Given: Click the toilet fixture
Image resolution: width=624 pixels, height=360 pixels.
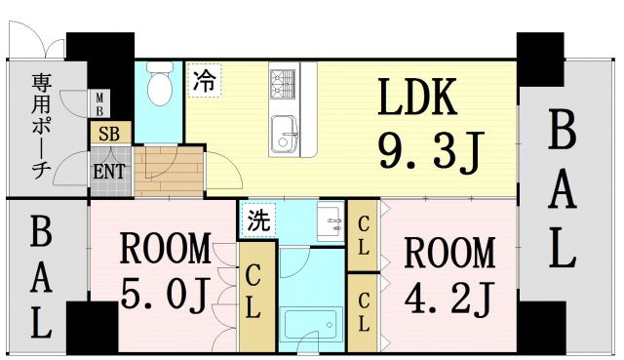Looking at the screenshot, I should tap(158, 89).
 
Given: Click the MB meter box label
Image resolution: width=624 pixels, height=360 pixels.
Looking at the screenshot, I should tap(100, 102).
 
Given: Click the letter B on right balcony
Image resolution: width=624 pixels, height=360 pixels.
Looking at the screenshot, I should tap(563, 130).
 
